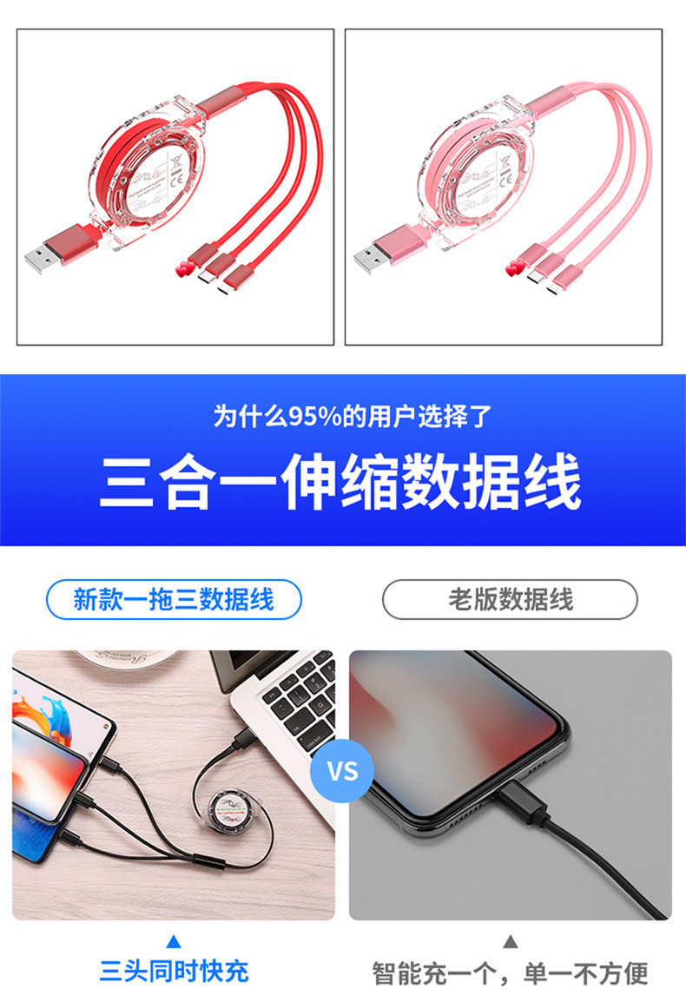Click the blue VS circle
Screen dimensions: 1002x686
click(342, 770)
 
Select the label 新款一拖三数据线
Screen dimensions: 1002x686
click(174, 600)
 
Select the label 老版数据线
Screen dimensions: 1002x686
click(510, 600)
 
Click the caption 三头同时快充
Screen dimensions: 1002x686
click(174, 971)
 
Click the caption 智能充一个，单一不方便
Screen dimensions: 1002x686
click(510, 973)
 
